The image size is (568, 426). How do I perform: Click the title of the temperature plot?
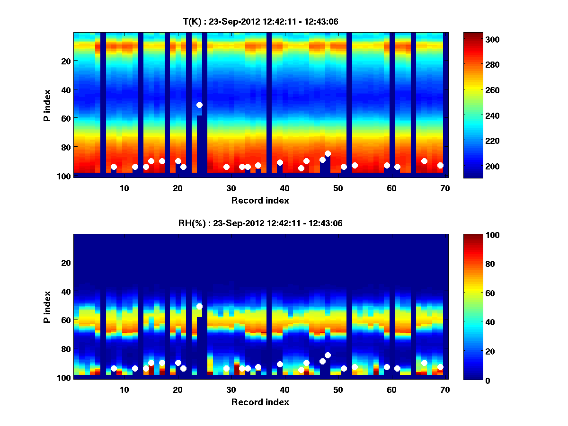click(x=260, y=21)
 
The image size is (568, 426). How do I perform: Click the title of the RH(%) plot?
click(x=260, y=223)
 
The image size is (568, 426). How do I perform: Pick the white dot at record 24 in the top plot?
click(x=199, y=105)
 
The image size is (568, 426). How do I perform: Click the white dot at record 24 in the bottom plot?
click(x=199, y=306)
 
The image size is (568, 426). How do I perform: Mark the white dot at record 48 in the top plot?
click(x=328, y=153)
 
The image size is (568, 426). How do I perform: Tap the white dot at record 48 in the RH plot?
click(x=328, y=355)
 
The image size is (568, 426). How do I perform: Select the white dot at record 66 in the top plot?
click(x=424, y=161)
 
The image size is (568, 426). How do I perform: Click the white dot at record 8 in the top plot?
click(x=114, y=167)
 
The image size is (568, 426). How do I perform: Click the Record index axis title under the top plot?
click(x=260, y=200)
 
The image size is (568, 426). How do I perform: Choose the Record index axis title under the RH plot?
click(x=260, y=402)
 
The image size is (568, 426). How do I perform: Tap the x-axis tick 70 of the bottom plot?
click(x=445, y=390)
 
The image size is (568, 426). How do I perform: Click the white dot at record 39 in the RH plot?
click(x=280, y=364)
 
